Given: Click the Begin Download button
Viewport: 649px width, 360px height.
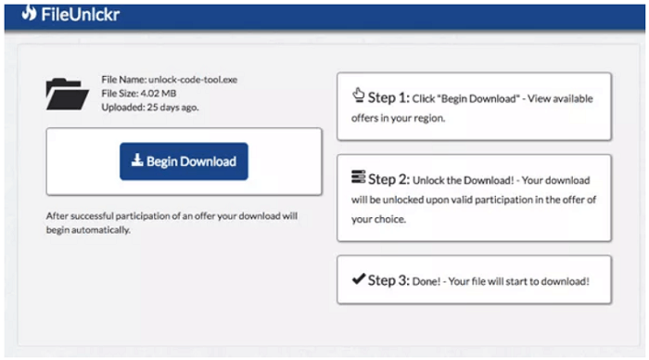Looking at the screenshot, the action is [184, 161].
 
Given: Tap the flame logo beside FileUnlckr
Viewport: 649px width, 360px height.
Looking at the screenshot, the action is [30, 13].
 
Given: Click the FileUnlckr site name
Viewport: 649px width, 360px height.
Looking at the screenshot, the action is [81, 15].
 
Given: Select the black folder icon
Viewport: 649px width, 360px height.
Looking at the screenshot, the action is [67, 94].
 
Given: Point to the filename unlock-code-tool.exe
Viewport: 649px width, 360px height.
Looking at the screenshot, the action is [193, 80].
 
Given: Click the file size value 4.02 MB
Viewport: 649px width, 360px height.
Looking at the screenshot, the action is [159, 93].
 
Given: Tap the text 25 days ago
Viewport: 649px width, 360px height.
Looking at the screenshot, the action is [172, 107].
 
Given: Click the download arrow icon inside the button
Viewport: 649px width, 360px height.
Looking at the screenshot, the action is [137, 161].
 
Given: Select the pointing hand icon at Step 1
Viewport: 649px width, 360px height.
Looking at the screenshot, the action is [359, 96].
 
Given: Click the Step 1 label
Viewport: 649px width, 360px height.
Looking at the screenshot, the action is [388, 97].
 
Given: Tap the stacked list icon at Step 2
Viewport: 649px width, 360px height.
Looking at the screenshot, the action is [359, 176].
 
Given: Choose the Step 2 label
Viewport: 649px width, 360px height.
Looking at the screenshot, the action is [388, 179].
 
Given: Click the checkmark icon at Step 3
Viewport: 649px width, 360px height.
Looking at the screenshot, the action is [359, 278].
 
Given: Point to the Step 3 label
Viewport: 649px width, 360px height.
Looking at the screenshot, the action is [388, 280].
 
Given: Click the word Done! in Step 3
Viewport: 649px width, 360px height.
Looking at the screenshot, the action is [426, 282].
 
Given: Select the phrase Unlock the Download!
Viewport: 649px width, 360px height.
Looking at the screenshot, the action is [464, 180].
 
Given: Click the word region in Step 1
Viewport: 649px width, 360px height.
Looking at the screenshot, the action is [429, 119].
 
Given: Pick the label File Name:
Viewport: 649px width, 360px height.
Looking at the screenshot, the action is [123, 80].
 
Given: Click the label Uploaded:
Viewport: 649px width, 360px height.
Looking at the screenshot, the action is [123, 107].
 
